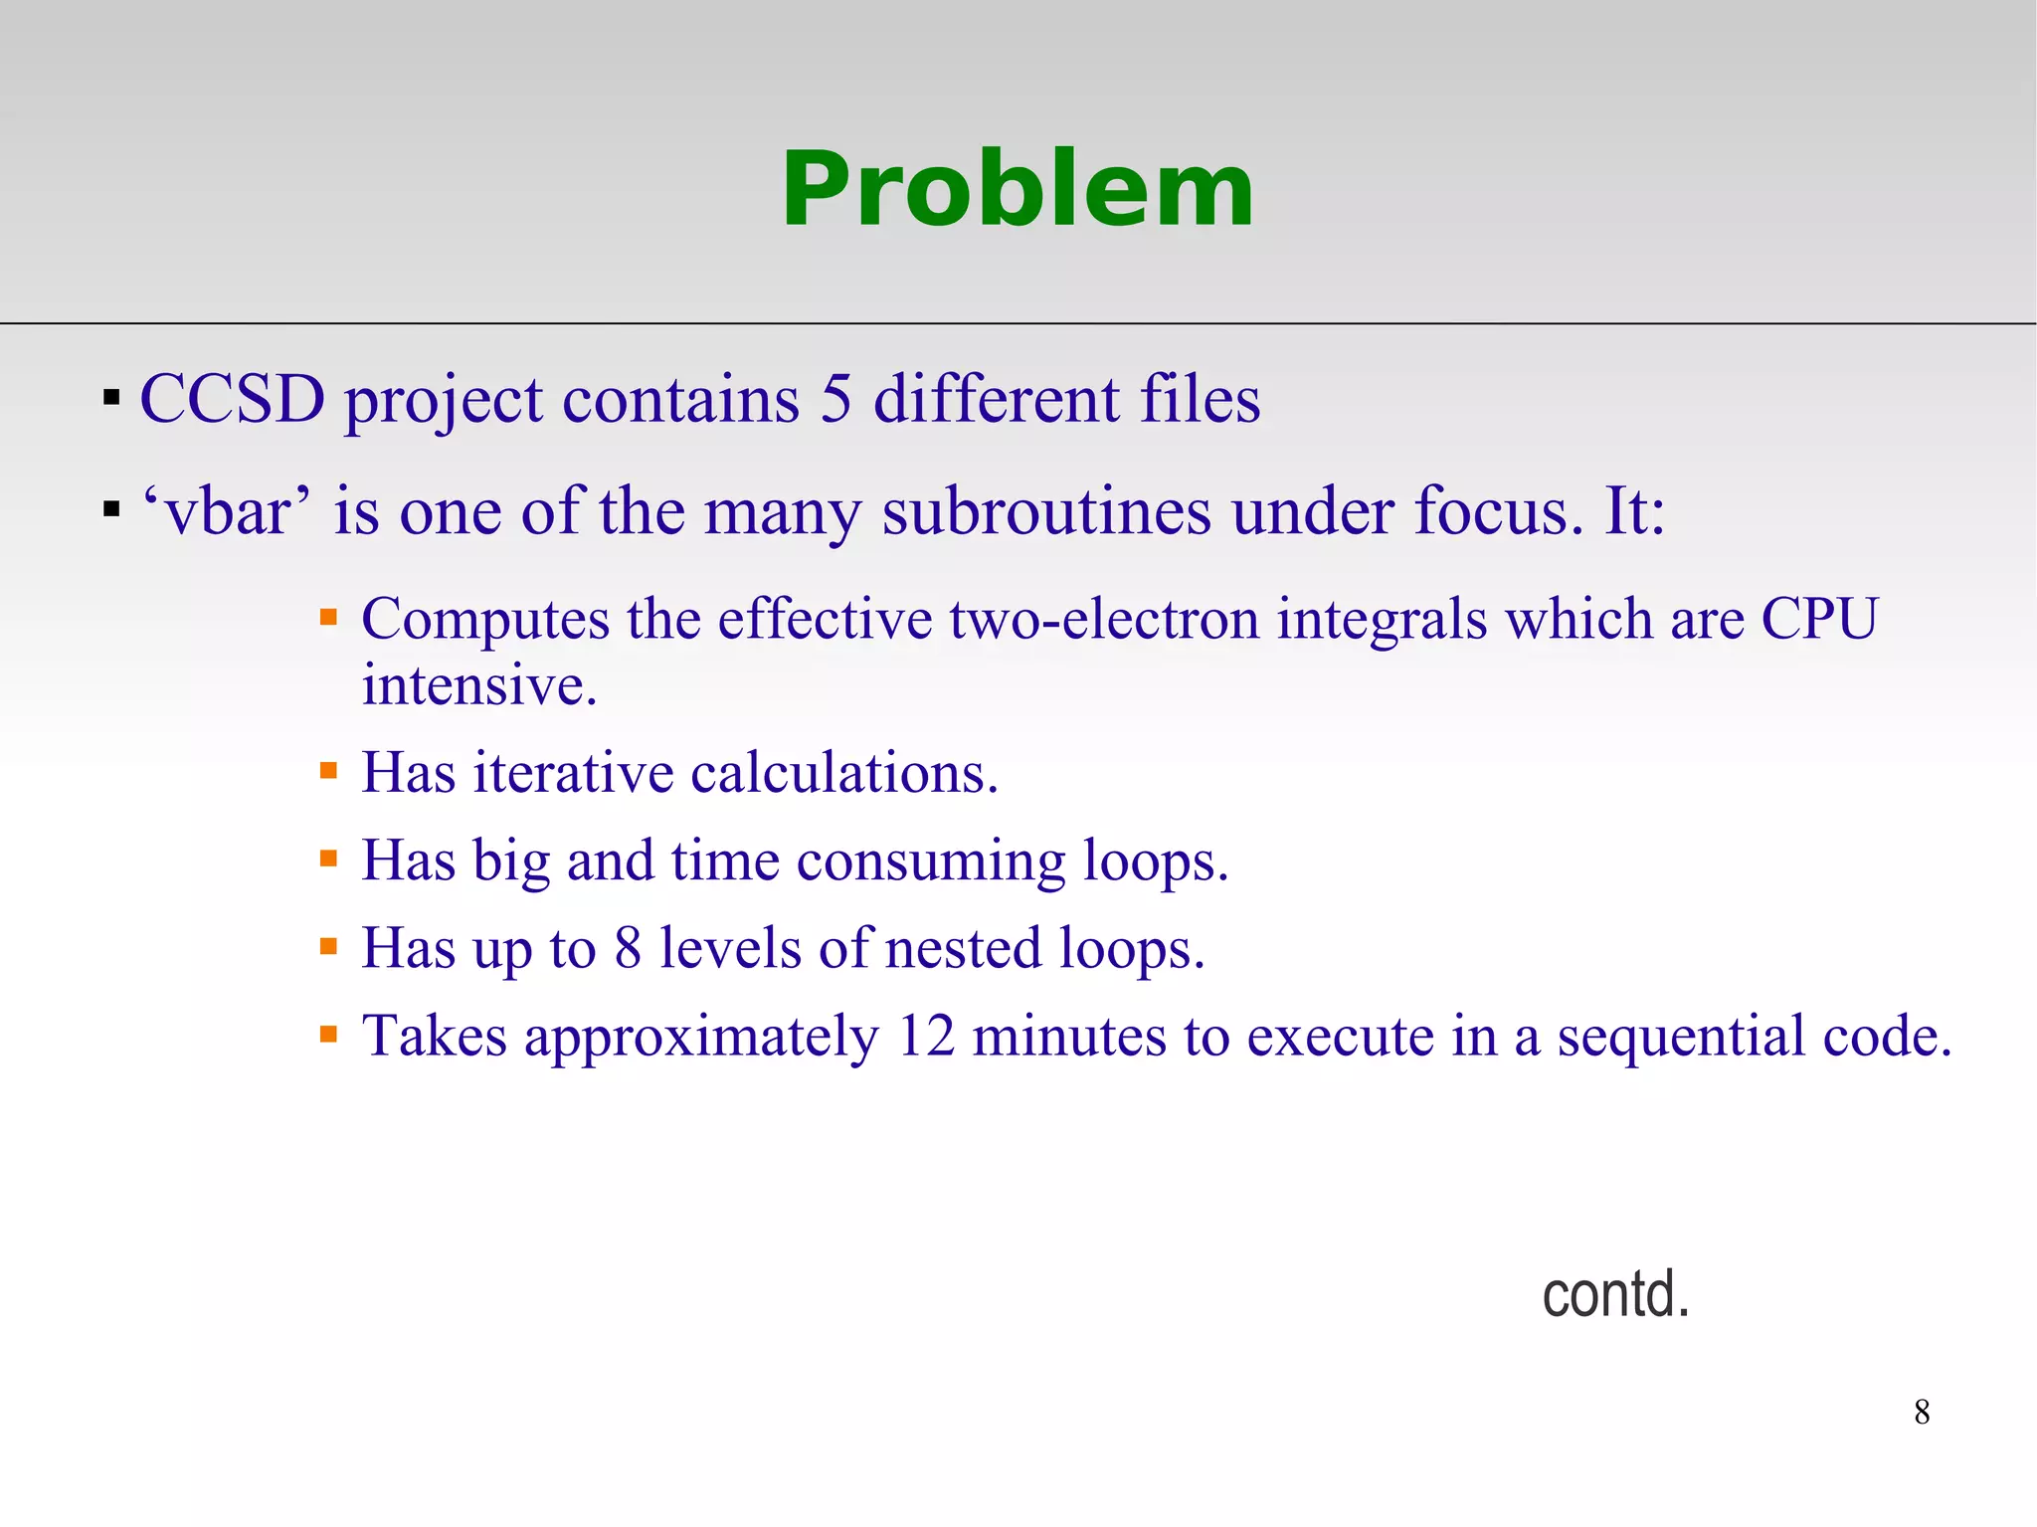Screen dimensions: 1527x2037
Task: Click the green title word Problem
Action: (x=1017, y=189)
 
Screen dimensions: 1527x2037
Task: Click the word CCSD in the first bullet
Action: (x=232, y=400)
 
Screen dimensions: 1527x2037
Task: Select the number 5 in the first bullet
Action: (x=835, y=400)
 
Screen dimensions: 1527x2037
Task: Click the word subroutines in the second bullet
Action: (x=1045, y=511)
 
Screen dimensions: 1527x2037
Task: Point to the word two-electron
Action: (x=1104, y=620)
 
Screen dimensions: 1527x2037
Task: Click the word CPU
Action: (x=1819, y=620)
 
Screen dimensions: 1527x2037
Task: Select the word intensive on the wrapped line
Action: (x=478, y=685)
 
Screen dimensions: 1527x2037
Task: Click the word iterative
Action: (x=573, y=773)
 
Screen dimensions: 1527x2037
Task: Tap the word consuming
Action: (x=930, y=860)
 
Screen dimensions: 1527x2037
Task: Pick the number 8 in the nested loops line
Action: (x=628, y=948)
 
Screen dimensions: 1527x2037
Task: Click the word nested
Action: (x=962, y=948)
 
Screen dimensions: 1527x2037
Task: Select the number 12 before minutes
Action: (x=925, y=1036)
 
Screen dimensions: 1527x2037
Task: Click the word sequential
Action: (x=1680, y=1036)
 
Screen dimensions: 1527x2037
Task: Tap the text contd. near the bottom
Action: (x=1615, y=1294)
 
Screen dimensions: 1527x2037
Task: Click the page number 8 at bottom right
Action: (x=1922, y=1412)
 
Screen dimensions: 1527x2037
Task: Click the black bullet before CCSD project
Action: (x=111, y=400)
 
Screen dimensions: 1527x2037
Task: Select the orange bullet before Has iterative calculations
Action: (x=329, y=771)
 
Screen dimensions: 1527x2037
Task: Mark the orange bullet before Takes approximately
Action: (x=329, y=1036)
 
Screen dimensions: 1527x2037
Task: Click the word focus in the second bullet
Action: (x=1497, y=511)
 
